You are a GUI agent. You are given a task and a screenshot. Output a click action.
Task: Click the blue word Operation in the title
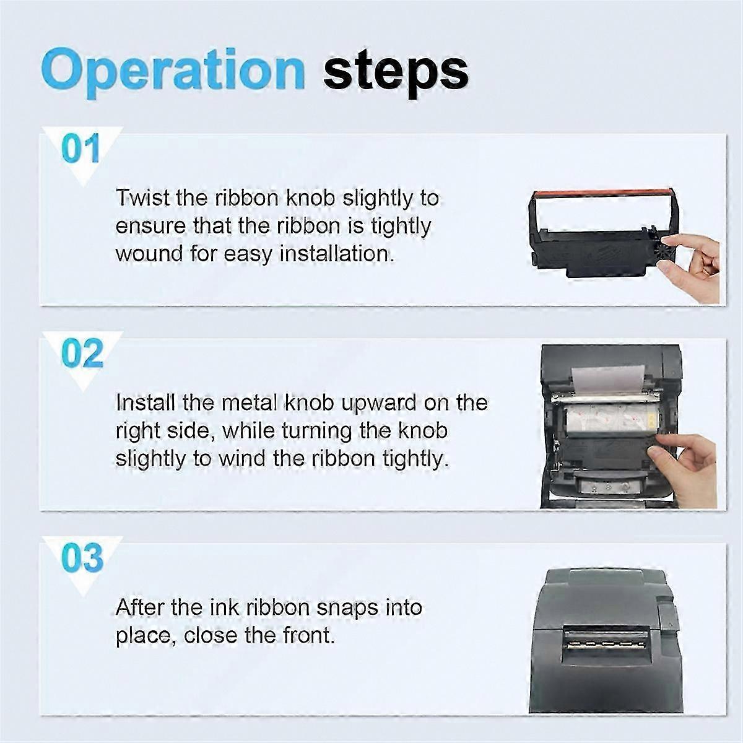(x=173, y=72)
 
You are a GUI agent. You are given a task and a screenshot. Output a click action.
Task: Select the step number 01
(x=80, y=149)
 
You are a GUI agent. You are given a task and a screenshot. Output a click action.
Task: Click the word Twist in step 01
(x=142, y=198)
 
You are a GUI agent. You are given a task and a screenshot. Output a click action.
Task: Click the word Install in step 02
(x=146, y=402)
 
